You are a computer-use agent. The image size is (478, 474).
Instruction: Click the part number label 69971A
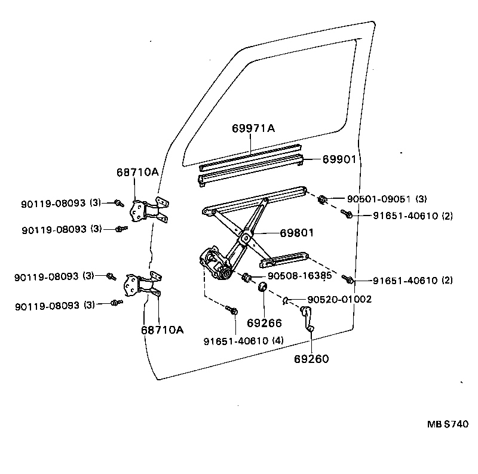253,128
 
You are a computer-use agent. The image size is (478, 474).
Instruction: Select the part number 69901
339,159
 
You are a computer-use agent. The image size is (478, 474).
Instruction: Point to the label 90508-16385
299,276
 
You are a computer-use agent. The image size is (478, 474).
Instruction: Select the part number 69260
311,359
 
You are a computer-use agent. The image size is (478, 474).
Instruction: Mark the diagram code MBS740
448,424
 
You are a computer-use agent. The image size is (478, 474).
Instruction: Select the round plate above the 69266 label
261,289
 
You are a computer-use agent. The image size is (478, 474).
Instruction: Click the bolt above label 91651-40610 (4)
233,310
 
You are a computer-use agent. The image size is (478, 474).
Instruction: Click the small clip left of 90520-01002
286,300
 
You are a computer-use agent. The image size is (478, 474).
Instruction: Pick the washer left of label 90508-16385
245,277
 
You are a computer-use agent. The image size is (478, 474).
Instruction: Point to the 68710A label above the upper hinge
137,172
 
